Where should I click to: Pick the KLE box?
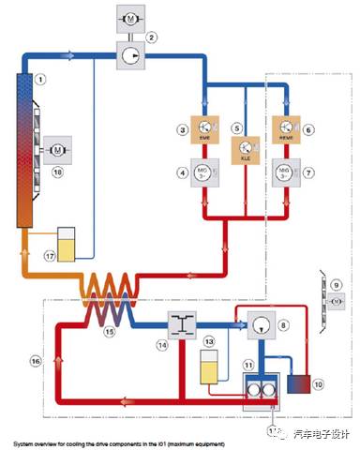pyautogui.click(x=244, y=149)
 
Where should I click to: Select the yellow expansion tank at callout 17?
pyautogui.click(x=67, y=244)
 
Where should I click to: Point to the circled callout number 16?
pyautogui.click(x=36, y=359)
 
